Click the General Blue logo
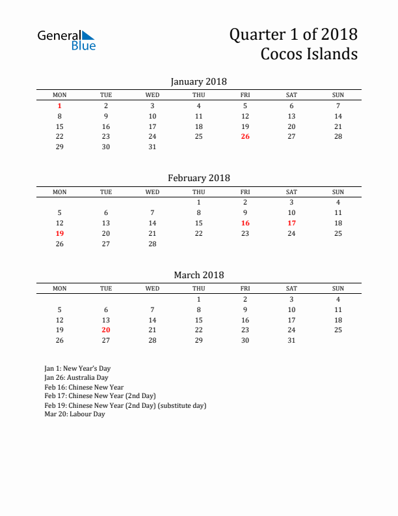(66, 40)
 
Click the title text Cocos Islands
(309, 53)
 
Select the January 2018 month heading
(198, 81)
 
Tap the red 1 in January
(60, 106)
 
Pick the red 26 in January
(245, 136)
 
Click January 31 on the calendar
(152, 147)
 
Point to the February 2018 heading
(198, 178)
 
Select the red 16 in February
(245, 223)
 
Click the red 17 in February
(291, 223)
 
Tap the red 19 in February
(60, 233)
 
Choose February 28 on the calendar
(152, 244)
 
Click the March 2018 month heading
(198, 275)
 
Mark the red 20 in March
(106, 330)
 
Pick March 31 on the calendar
(291, 340)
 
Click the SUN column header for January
(338, 95)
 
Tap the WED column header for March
(152, 289)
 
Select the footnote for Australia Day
(76, 378)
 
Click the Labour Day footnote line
(75, 414)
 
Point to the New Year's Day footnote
(77, 369)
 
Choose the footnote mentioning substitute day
(125, 405)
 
